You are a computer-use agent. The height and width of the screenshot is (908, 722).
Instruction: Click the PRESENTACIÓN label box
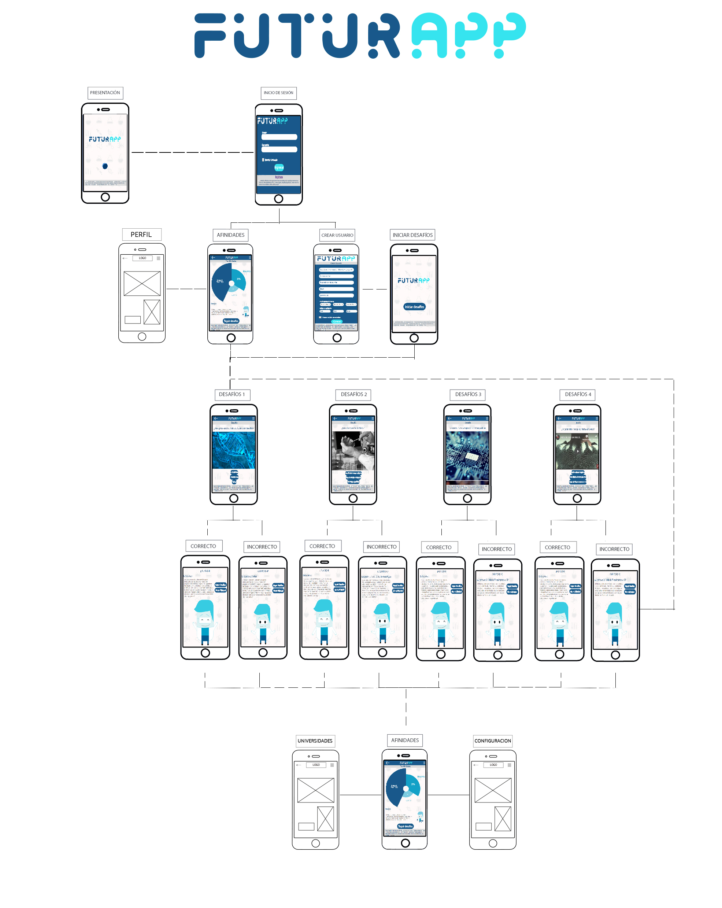click(105, 93)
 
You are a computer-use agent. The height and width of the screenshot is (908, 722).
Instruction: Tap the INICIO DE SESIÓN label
click(278, 93)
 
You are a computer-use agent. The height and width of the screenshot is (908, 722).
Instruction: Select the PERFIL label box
click(141, 235)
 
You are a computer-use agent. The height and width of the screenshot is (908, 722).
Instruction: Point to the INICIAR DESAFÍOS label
click(412, 235)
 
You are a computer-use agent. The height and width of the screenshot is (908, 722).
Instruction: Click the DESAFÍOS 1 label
click(232, 394)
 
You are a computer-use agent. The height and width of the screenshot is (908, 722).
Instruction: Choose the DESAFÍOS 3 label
click(468, 394)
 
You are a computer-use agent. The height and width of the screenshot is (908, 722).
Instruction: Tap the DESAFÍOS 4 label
click(578, 394)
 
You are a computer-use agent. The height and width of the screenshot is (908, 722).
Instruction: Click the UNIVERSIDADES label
click(315, 741)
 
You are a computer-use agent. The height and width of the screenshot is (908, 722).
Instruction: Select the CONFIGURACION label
click(493, 741)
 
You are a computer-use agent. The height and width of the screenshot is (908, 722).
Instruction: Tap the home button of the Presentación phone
click(105, 197)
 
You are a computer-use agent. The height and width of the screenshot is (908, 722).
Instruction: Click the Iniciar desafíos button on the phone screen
click(414, 307)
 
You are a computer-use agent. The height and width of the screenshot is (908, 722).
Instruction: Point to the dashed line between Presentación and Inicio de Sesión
click(192, 152)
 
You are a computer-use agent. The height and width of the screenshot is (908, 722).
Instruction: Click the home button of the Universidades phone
click(315, 843)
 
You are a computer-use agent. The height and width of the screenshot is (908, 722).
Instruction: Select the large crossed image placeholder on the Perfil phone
click(142, 284)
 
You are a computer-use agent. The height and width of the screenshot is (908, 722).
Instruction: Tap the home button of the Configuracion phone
click(493, 843)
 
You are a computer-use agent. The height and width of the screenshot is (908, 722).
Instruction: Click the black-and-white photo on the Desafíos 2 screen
click(353, 451)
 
